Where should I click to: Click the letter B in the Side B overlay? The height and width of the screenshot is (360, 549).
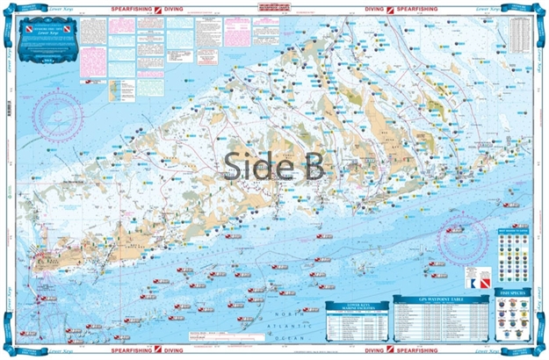[312, 162]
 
